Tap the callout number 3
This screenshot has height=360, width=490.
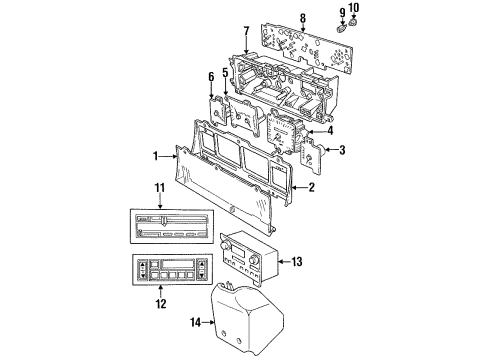point(342,150)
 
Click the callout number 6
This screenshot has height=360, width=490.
point(211,77)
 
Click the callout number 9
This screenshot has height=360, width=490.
point(341,12)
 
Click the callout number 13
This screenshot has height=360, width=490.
point(297,262)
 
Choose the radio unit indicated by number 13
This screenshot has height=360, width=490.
point(245,262)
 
